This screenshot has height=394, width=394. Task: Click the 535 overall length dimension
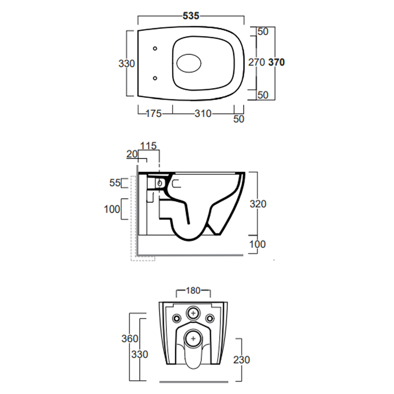pyautogui.click(x=191, y=16)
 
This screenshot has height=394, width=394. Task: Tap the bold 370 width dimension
pyautogui.click(x=276, y=62)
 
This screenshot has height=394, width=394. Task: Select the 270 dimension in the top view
pyautogui.click(x=257, y=62)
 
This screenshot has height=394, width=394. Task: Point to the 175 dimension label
pyautogui.click(x=154, y=114)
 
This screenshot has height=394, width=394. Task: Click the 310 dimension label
pyautogui.click(x=203, y=114)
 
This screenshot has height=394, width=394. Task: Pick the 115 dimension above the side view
pyautogui.click(x=148, y=146)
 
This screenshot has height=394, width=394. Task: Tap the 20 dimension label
pyautogui.click(x=132, y=154)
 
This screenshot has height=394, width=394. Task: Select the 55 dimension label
pyautogui.click(x=115, y=183)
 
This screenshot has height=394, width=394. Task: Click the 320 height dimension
pyautogui.click(x=258, y=204)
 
